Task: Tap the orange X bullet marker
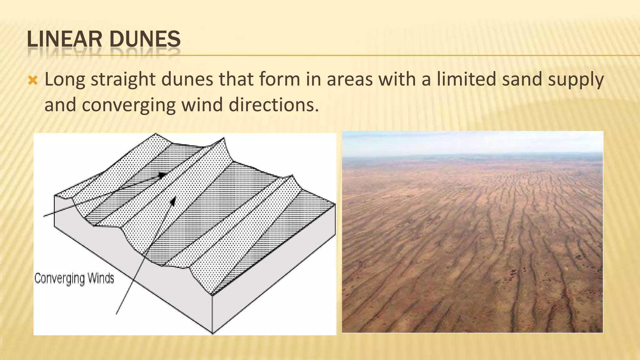point(32,81)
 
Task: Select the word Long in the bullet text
point(65,79)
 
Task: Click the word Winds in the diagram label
point(101,278)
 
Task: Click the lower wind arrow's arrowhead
point(173,201)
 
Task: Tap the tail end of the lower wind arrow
point(117,313)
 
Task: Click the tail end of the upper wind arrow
point(44,216)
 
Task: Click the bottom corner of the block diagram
point(212,333)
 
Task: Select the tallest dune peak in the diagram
point(223,138)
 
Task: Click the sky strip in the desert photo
point(472,142)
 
